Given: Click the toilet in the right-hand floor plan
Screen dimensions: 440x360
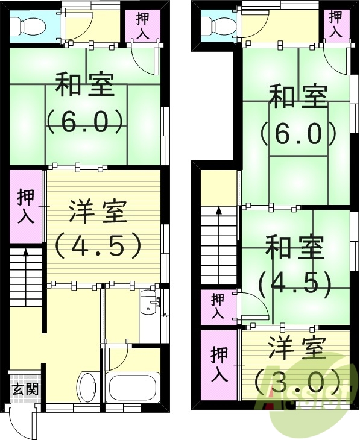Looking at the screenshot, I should point(216,25).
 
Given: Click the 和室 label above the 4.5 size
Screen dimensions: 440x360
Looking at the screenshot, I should point(294,248).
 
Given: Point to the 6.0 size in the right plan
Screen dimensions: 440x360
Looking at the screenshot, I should point(298,133).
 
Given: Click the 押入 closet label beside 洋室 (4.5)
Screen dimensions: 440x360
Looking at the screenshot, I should point(26,206).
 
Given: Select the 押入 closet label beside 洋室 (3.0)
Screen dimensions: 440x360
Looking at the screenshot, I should point(219,363).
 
